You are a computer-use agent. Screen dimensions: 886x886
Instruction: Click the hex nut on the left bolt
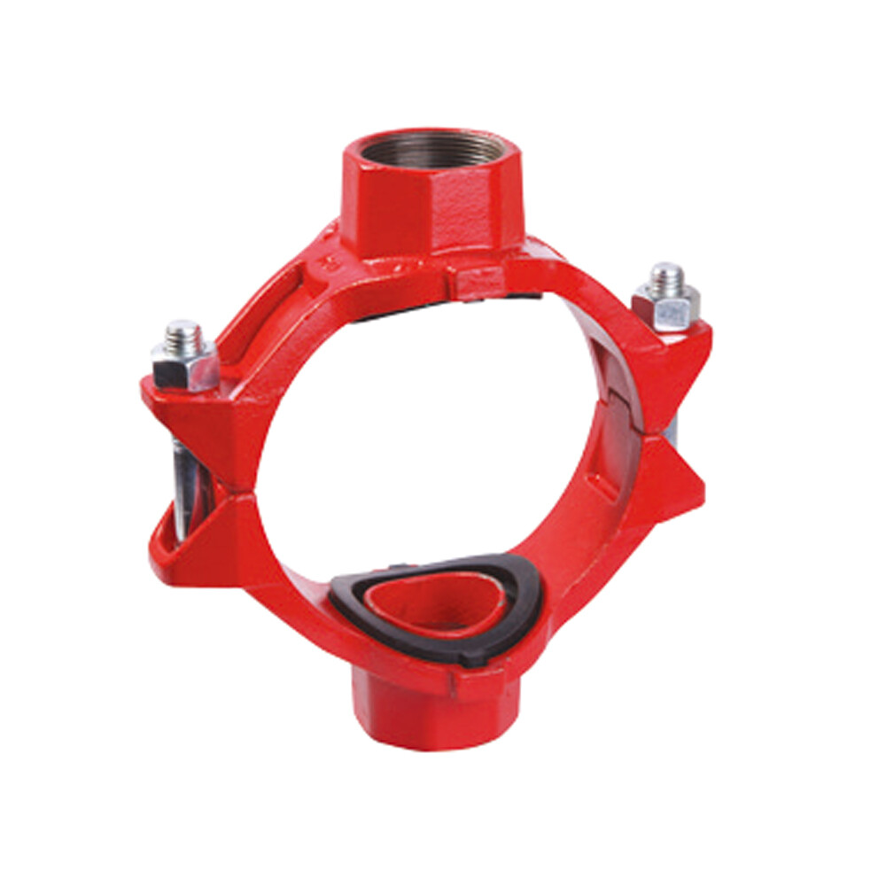(x=183, y=365)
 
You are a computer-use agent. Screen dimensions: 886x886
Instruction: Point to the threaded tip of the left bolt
(x=184, y=334)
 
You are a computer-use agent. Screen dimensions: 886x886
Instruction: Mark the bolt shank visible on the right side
(x=671, y=430)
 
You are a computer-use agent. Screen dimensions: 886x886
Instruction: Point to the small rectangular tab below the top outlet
(x=478, y=282)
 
